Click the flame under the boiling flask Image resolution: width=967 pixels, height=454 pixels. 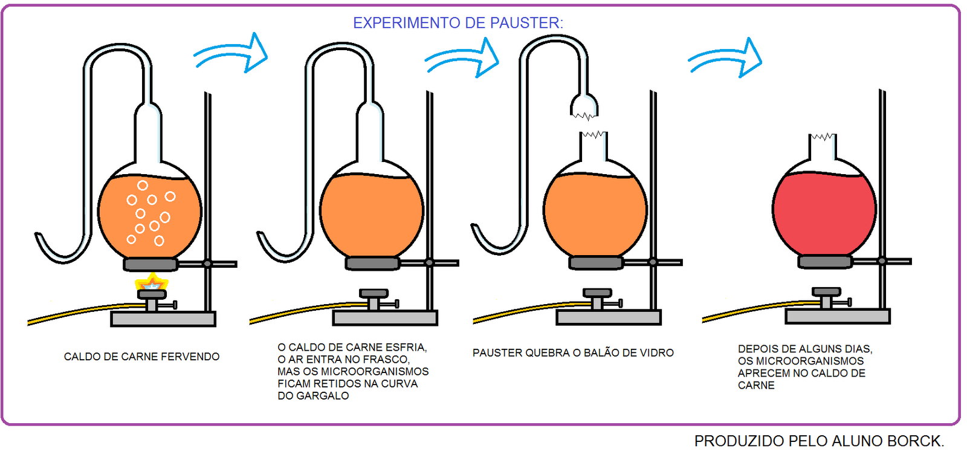coord(151,282)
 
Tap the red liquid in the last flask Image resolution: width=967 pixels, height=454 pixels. coord(824,214)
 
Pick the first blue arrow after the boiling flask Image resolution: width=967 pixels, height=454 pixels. coord(231,54)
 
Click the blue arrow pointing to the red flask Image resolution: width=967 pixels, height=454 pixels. coord(725,58)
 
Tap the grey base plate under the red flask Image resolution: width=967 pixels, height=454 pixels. coord(838,317)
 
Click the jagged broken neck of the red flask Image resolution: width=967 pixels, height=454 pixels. coord(823,137)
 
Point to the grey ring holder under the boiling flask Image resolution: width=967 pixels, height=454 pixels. coord(150,264)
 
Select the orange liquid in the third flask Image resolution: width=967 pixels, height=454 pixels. coord(595,215)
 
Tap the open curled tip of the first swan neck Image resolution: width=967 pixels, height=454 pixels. coord(38,236)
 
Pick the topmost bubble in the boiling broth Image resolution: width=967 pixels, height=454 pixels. coord(143,186)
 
